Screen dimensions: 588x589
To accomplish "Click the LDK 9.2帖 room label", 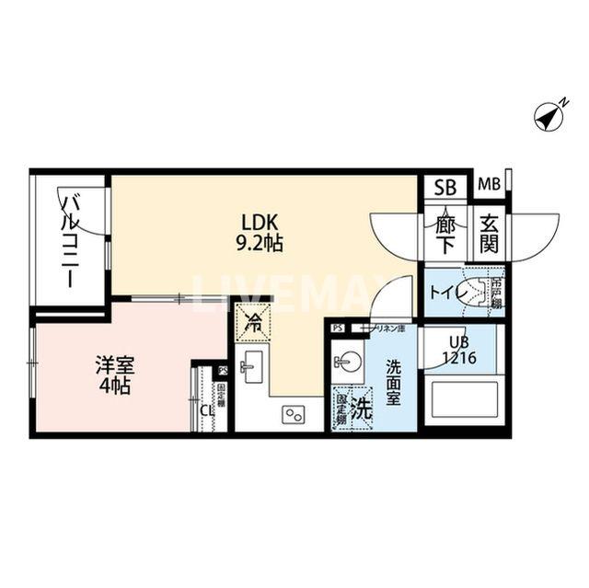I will (x=260, y=233).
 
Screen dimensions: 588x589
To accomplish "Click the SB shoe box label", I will (x=445, y=187).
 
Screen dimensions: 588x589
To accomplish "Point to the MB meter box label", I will (x=488, y=185).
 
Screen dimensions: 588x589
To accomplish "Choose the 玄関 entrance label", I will (x=488, y=233).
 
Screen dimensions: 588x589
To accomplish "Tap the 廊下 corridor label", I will (x=445, y=233).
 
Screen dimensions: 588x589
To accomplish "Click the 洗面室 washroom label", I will (x=393, y=378).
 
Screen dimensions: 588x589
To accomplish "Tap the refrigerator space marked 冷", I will (x=252, y=322).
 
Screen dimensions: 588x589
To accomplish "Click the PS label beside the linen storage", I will (x=337, y=327).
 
